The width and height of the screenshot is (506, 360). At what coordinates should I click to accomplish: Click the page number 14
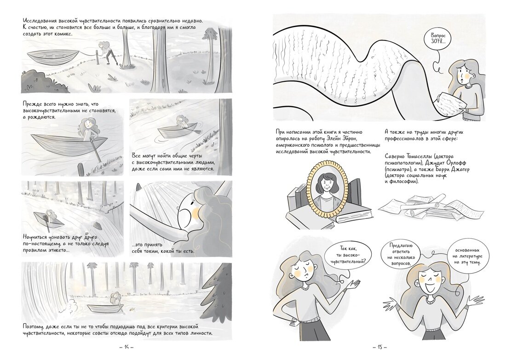click(x=126, y=348)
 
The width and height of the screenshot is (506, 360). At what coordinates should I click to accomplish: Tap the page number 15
click(x=380, y=348)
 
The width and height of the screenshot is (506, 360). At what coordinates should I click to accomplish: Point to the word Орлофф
click(x=455, y=163)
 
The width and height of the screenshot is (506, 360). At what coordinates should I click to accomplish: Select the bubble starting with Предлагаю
click(x=400, y=255)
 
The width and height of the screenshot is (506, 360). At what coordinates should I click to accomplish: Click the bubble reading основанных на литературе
click(x=467, y=256)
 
